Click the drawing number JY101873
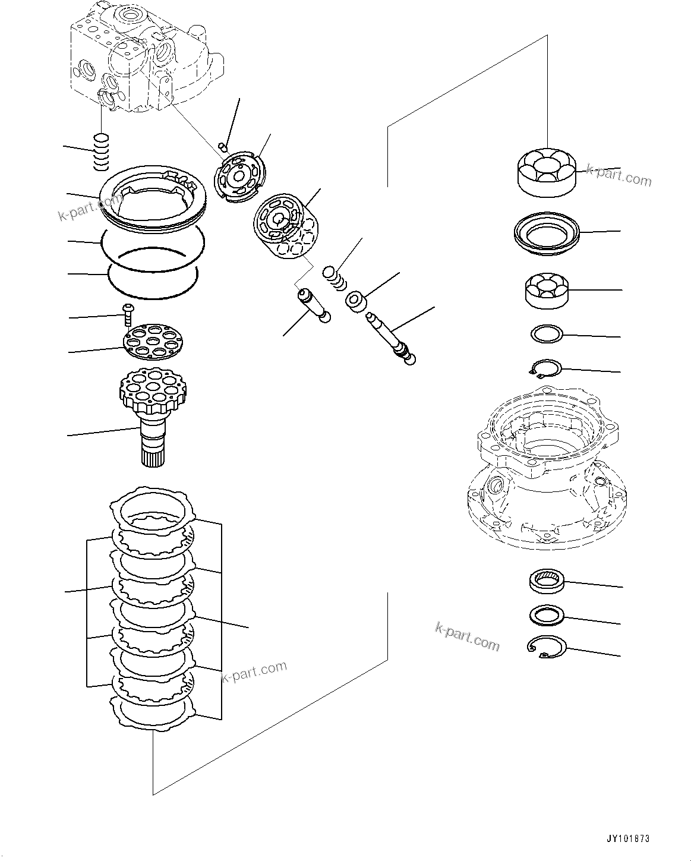pyautogui.click(x=628, y=838)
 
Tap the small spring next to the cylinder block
pyautogui.click(x=334, y=277)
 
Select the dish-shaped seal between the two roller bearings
pyautogui.click(x=545, y=235)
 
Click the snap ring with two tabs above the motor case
pyautogui.click(x=544, y=368)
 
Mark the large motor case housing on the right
pyautogui.click(x=544, y=469)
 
